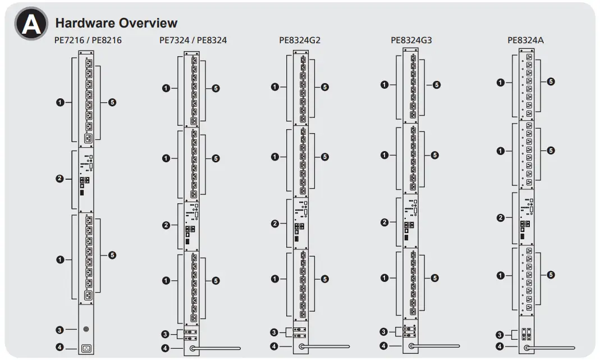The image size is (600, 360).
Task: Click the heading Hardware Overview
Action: (116, 23)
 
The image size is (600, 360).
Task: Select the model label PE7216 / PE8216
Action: (88, 40)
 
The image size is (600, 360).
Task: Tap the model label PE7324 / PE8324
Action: (193, 40)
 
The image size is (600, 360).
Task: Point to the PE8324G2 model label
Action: (300, 40)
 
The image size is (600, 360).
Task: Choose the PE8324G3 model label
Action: (411, 40)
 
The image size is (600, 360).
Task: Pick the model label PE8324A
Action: (526, 40)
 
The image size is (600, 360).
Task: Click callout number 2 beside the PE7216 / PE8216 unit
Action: (60, 179)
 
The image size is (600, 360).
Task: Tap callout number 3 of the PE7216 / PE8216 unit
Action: (60, 329)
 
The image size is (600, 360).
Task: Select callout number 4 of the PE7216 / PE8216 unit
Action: (60, 348)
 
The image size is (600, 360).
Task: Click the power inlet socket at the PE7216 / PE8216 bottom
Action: (86, 348)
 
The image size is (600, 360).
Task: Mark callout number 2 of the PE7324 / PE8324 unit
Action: (166, 226)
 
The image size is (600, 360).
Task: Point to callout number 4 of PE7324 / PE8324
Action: (166, 349)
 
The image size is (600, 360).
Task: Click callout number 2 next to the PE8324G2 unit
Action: (275, 224)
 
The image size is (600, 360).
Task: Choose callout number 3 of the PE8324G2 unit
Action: (274, 332)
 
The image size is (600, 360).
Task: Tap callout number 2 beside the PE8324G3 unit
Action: (384, 222)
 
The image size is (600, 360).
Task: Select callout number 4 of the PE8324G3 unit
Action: (384, 347)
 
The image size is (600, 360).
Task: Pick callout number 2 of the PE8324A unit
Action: (501, 218)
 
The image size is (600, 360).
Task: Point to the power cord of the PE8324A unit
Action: (553, 348)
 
